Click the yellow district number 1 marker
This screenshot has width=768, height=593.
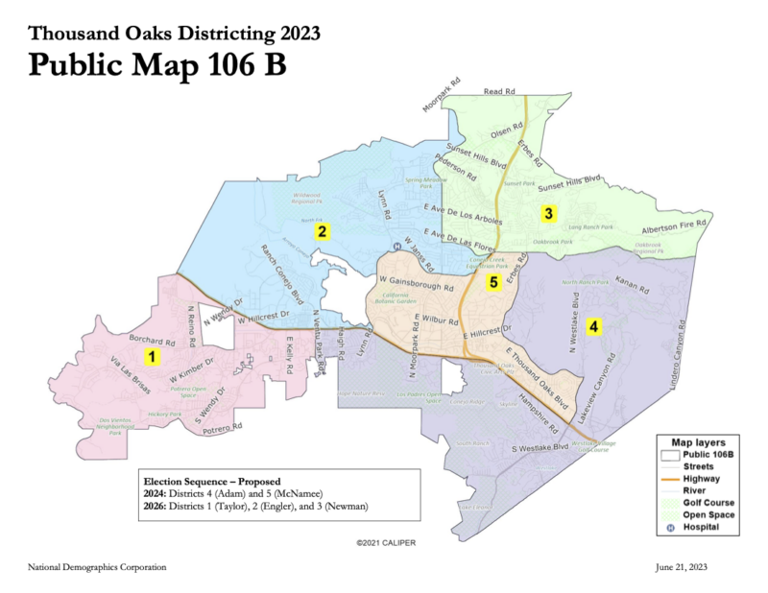point(150,357)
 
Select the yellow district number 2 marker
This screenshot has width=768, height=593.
point(324,231)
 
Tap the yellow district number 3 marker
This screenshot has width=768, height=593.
point(548,213)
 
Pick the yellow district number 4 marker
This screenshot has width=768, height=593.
point(594,327)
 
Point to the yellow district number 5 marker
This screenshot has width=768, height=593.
point(493,282)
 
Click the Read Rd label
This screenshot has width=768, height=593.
point(493,91)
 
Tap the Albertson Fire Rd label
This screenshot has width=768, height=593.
point(675,225)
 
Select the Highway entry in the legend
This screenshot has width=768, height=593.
point(703,477)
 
